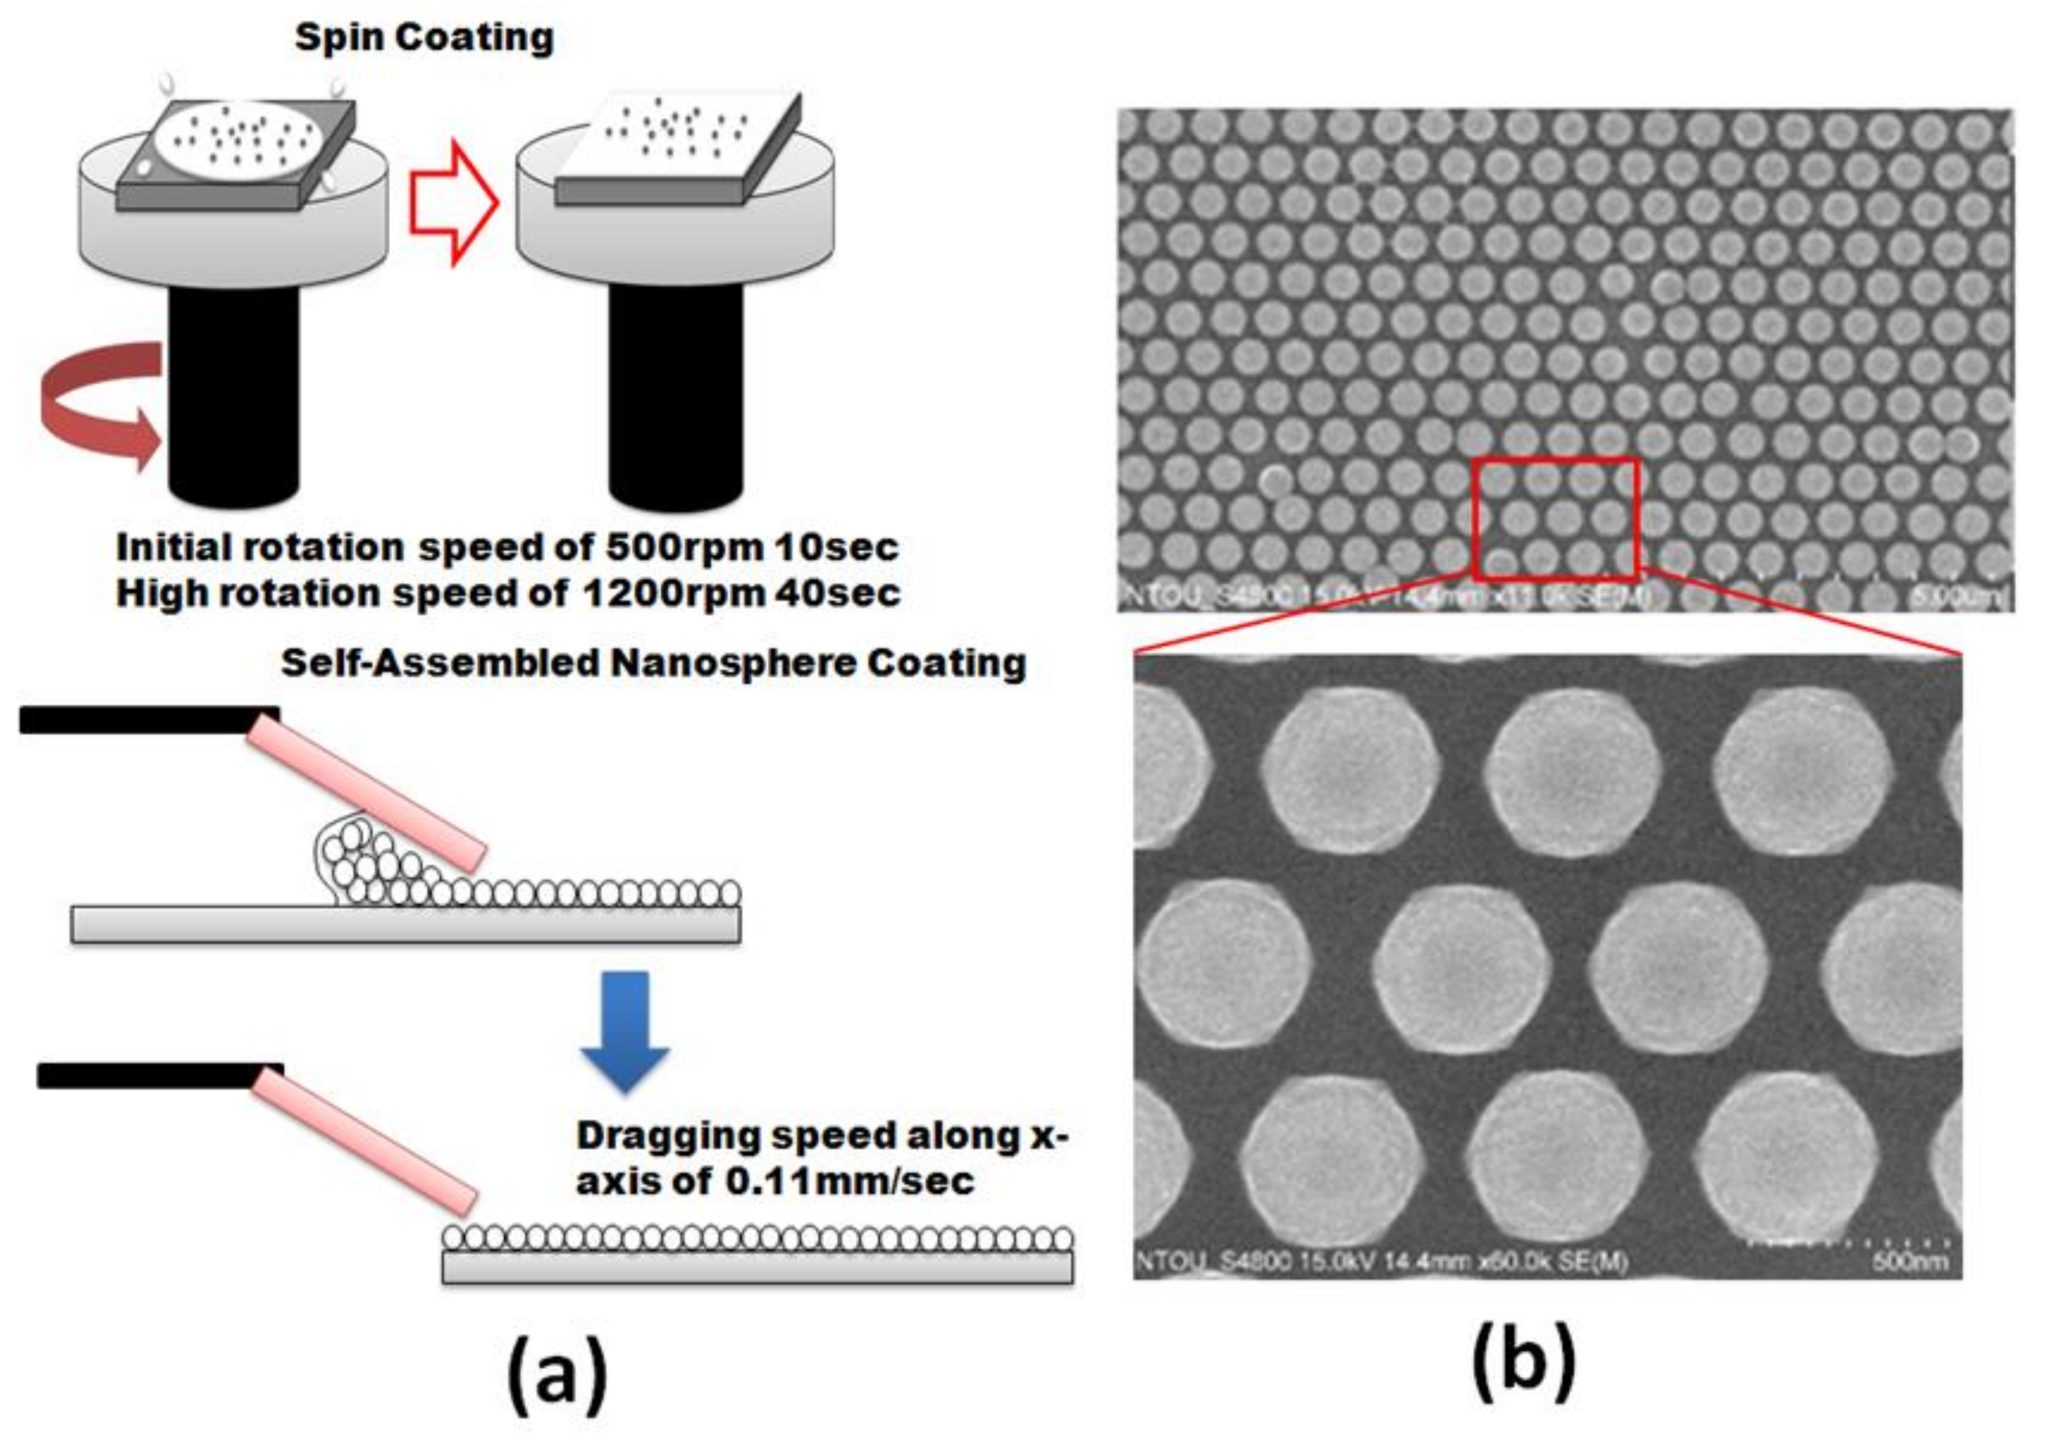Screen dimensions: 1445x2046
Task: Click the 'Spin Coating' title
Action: pyautogui.click(x=424, y=38)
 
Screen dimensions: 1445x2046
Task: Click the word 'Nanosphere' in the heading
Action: pyautogui.click(x=727, y=664)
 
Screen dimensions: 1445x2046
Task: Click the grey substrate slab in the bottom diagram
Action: pyautogui.click(x=757, y=1267)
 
